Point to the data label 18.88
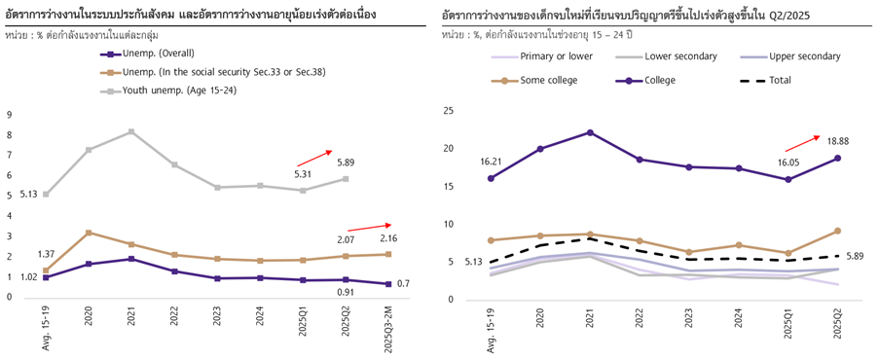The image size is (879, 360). point(839,139)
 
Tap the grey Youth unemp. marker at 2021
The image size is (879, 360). point(130,131)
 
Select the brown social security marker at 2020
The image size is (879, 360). point(89,233)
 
